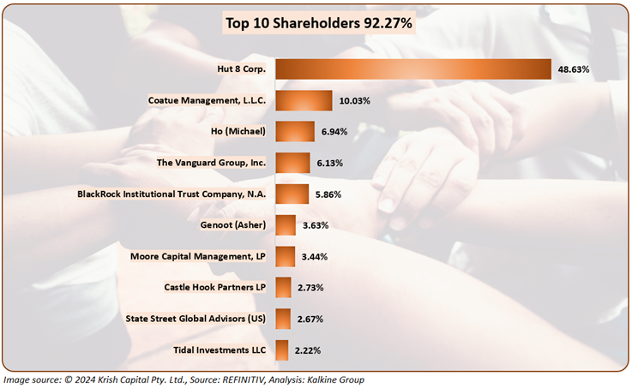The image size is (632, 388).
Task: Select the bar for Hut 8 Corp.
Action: (x=412, y=69)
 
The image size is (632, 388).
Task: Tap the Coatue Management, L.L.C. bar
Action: (x=304, y=100)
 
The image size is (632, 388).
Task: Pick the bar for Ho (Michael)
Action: (x=295, y=132)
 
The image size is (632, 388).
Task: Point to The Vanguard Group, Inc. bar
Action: (x=292, y=163)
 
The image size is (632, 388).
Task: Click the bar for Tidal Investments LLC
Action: (x=281, y=350)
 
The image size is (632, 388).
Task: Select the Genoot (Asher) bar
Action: (x=286, y=225)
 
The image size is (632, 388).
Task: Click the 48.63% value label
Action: (x=574, y=69)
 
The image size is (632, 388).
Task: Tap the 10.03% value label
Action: (x=354, y=100)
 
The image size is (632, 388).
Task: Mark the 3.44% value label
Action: (x=316, y=256)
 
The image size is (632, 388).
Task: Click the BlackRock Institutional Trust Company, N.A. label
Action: (x=172, y=194)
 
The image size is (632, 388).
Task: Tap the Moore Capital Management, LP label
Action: (x=198, y=256)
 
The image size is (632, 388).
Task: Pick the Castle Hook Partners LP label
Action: (x=214, y=288)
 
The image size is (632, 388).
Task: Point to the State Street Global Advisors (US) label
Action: (x=196, y=319)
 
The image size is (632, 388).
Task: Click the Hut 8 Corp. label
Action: (x=243, y=69)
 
